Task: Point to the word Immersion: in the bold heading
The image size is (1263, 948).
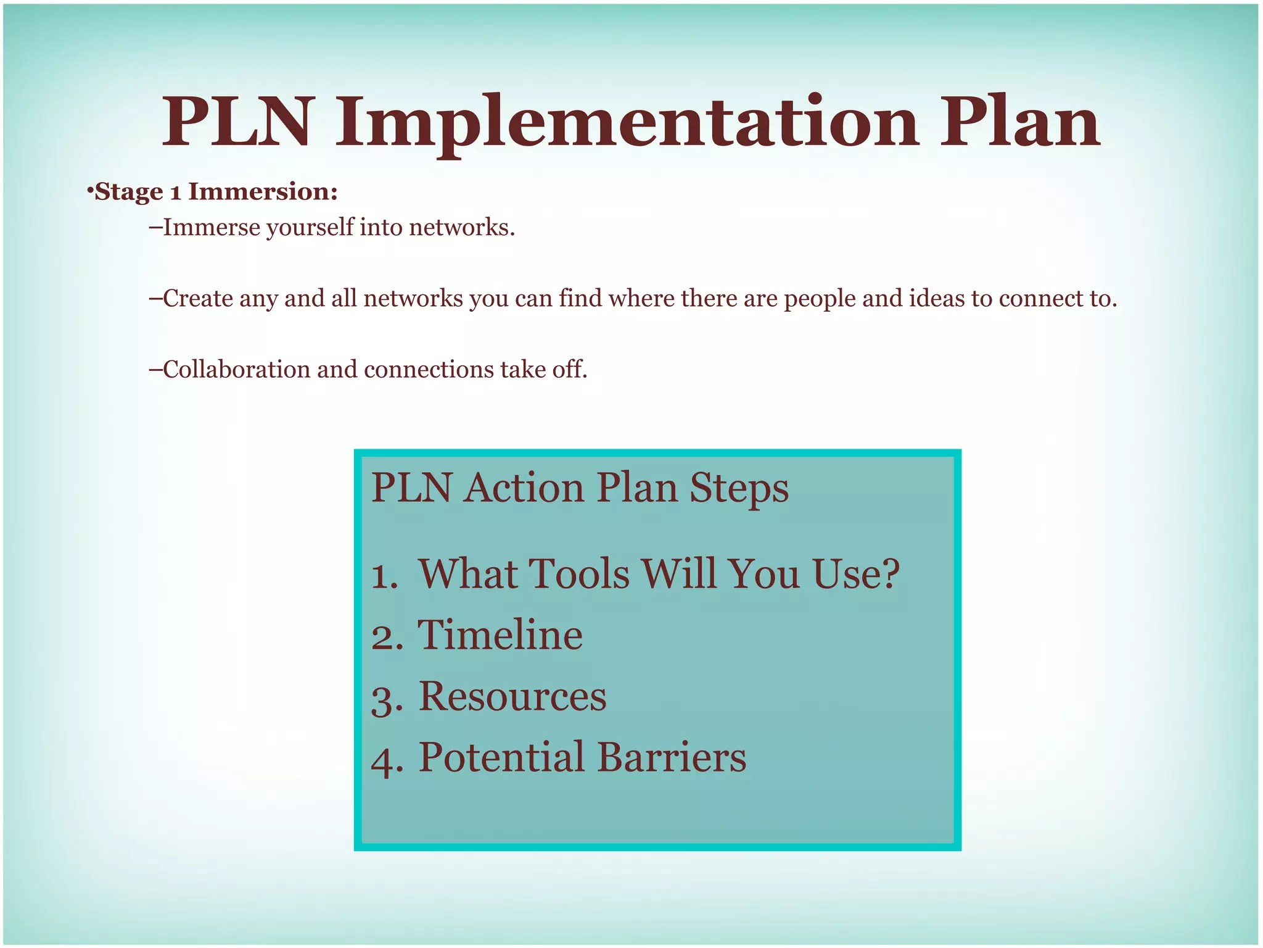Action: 263,191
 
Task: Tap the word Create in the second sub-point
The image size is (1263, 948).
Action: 197,299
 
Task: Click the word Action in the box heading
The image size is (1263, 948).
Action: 524,488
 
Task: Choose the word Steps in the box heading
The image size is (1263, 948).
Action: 739,488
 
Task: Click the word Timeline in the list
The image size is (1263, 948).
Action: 500,635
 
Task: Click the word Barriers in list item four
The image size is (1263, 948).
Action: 672,757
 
